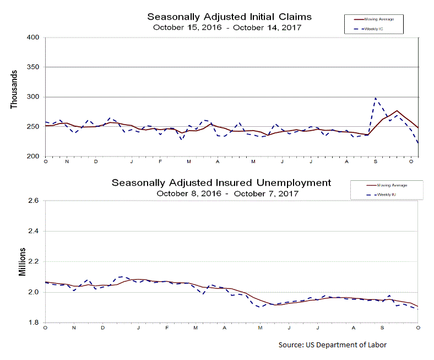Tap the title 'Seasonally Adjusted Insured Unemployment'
pyautogui.click(x=221, y=182)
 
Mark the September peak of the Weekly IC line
pyautogui.click(x=376, y=98)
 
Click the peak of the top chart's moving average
pyautogui.click(x=397, y=111)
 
